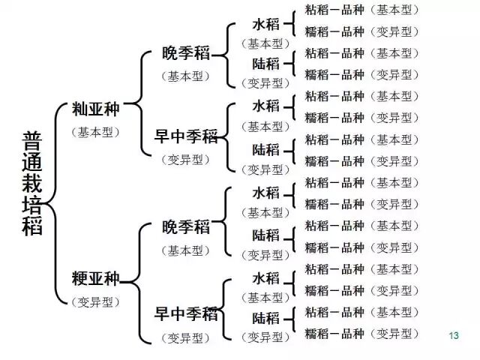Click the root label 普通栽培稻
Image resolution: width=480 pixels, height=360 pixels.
pos(32,183)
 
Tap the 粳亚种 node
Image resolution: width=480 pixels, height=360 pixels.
pos(95,280)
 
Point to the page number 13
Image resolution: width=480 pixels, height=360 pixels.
pos(452,335)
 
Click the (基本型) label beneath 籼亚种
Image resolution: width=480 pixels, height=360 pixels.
pos(95,131)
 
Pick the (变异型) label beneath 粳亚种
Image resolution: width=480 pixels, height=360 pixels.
pos(95,302)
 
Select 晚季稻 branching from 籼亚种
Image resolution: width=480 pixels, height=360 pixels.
pos(186,55)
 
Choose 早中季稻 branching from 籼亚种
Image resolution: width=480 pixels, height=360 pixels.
pos(186,136)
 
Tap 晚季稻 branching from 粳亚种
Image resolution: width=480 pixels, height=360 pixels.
pos(186,227)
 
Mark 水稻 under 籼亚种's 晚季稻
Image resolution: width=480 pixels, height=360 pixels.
pos(266,23)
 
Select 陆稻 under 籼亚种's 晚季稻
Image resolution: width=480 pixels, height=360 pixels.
pos(266,64)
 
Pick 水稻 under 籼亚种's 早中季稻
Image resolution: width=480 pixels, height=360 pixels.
pos(266,106)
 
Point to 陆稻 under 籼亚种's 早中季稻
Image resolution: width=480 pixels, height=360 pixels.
pos(266,148)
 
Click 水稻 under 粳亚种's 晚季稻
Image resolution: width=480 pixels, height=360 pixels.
pos(266,193)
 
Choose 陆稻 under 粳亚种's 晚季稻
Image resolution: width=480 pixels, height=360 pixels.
pos(266,235)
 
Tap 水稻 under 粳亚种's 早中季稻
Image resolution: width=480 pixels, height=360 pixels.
pos(266,278)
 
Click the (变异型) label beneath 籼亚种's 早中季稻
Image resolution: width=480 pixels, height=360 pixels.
pos(186,159)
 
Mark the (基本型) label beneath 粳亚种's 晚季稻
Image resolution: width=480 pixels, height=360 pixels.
pos(186,250)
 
